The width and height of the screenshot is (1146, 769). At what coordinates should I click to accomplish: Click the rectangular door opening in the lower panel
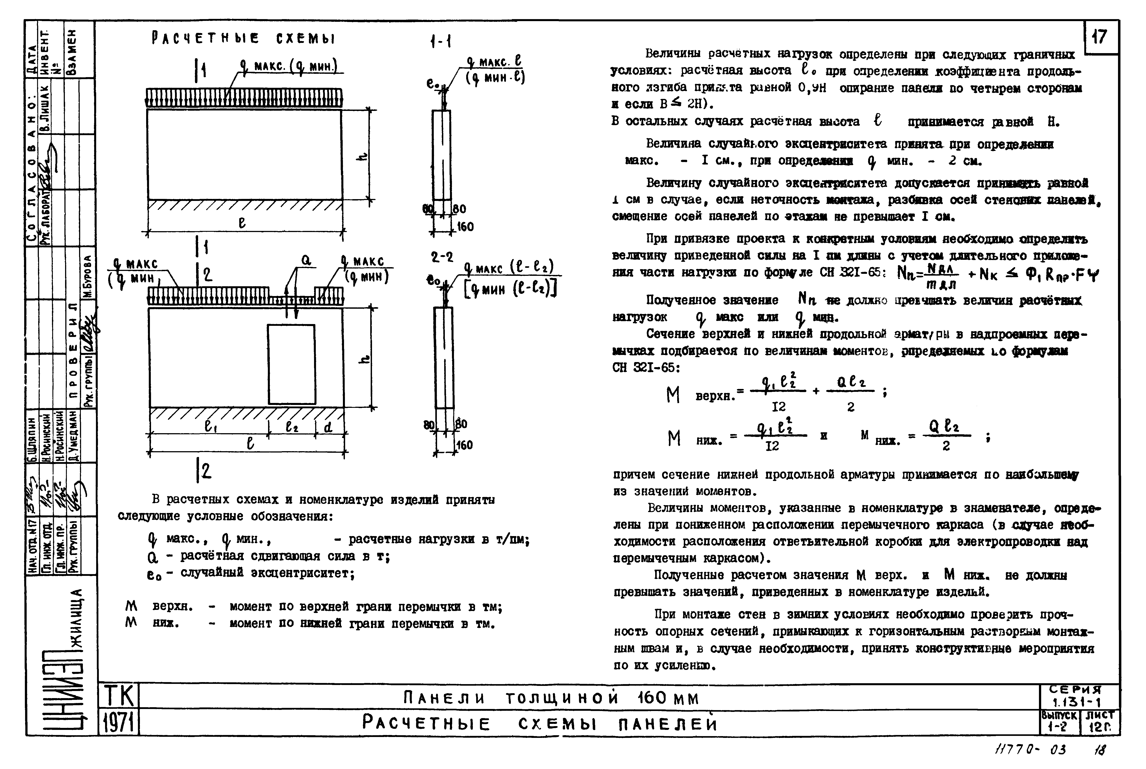[291, 364]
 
